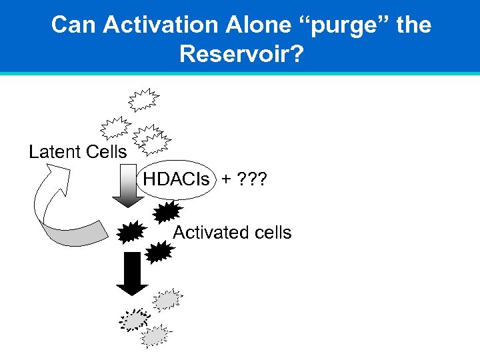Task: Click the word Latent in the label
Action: (54, 152)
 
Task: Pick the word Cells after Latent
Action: (105, 152)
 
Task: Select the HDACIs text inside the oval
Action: (176, 179)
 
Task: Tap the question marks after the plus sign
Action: (254, 179)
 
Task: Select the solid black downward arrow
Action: (132, 273)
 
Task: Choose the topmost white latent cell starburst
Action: (144, 99)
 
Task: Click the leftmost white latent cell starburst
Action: (115, 127)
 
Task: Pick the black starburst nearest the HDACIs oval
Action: (167, 212)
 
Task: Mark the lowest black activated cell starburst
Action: (159, 253)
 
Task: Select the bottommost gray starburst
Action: (155, 335)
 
